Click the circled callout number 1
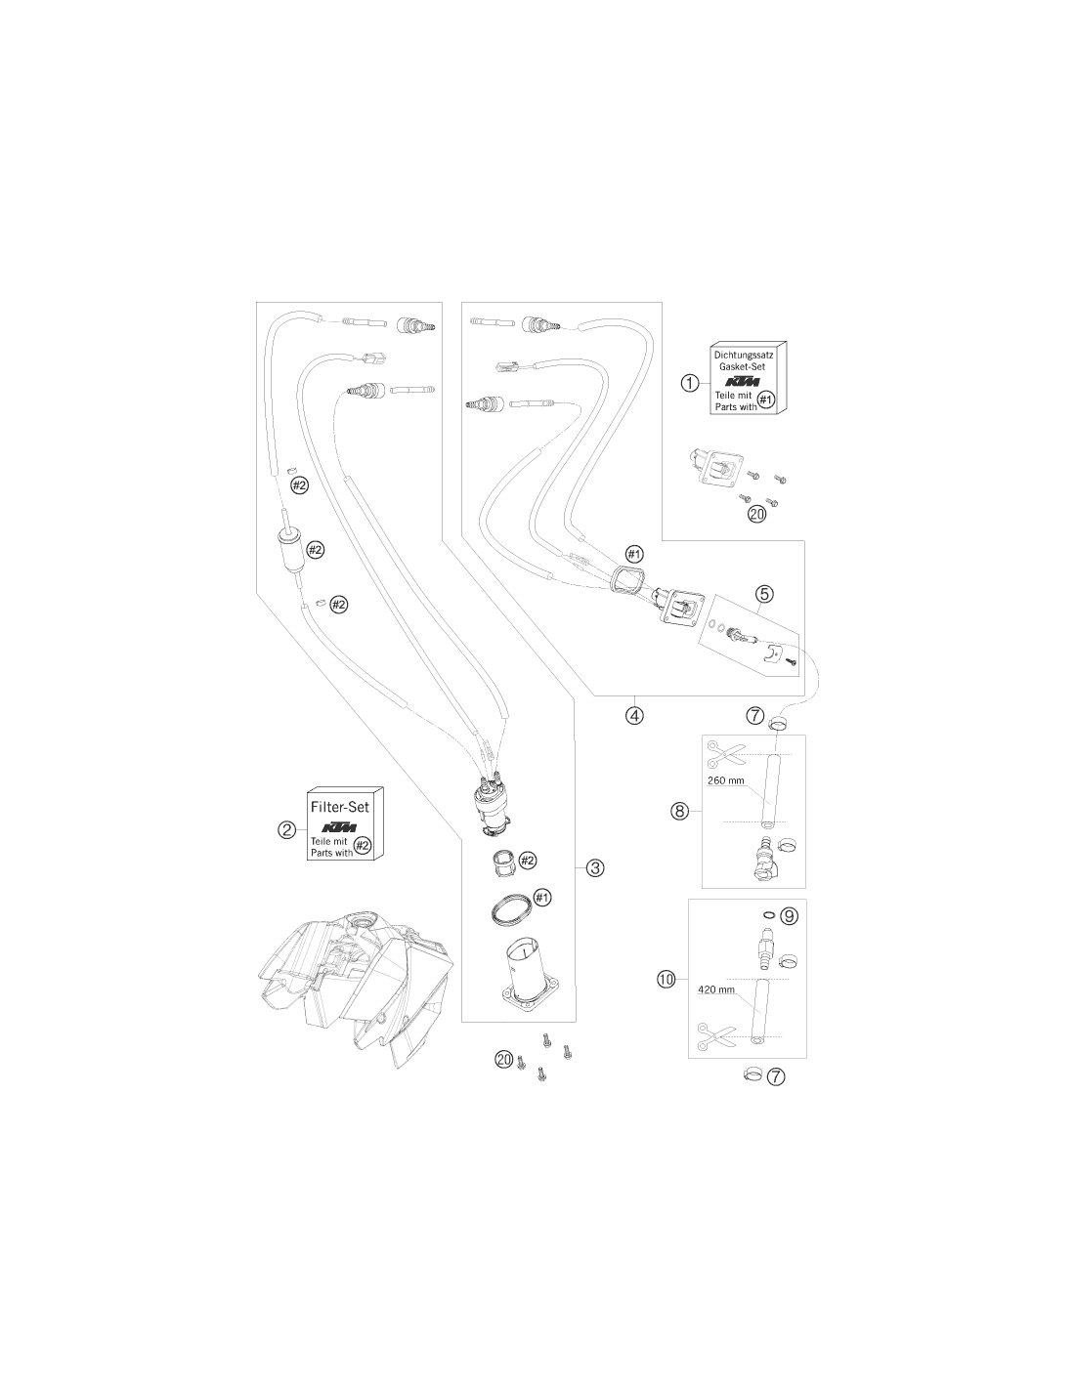pos(690,384)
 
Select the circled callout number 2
pos(287,829)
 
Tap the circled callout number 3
pos(595,867)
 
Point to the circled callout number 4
pos(633,715)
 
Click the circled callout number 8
pos(679,811)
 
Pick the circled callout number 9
pos(789,916)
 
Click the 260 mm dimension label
pos(726,780)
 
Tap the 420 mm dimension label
pos(716,989)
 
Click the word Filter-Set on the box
pos(339,807)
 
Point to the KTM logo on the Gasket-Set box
pos(743,382)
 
